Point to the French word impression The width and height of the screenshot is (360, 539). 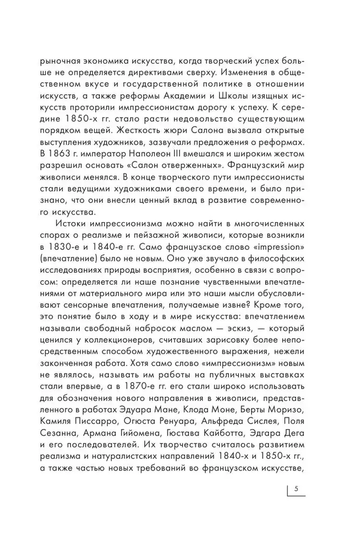point(266,247)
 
